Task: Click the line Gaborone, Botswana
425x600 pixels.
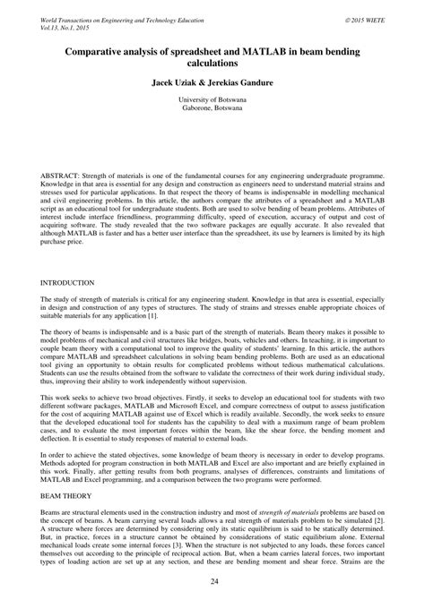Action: (x=212, y=112)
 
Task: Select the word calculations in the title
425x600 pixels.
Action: (x=212, y=64)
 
